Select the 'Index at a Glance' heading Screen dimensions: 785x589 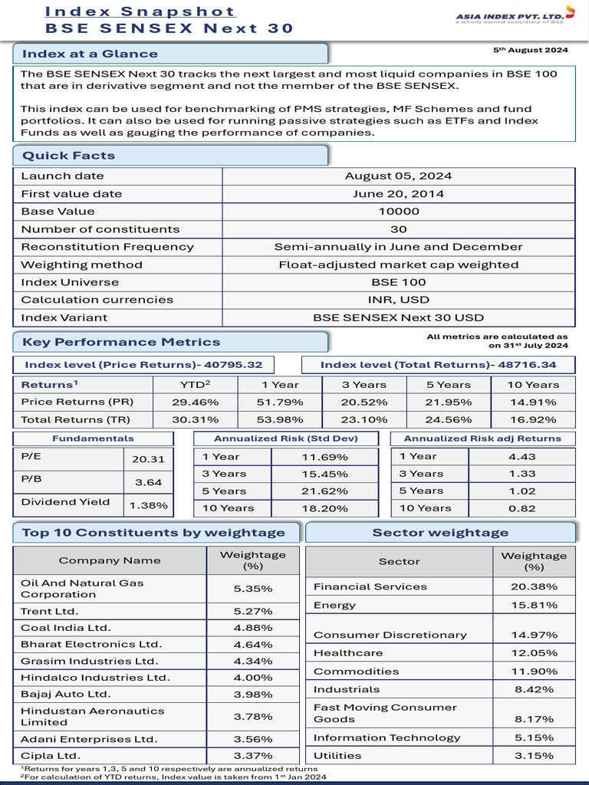tap(90, 54)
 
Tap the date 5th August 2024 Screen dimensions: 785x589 tap(530, 51)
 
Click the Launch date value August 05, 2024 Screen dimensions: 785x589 tap(398, 176)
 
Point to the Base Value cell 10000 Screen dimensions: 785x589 tap(398, 212)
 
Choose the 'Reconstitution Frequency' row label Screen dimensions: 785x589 tap(107, 247)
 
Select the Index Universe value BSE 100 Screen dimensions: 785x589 tap(398, 282)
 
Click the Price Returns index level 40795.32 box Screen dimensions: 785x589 tap(143, 365)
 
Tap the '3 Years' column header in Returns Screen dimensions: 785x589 tap(364, 385)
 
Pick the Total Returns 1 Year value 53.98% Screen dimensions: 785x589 tap(280, 419)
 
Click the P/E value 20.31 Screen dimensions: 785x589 tap(147, 459)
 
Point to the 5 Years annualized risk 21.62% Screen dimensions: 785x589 tap(324, 491)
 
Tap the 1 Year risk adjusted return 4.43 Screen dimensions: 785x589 tap(521, 456)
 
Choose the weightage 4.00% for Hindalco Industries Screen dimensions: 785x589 tap(252, 678)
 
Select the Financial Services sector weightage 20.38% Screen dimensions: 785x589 tap(533, 586)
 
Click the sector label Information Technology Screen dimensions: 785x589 tap(387, 737)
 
